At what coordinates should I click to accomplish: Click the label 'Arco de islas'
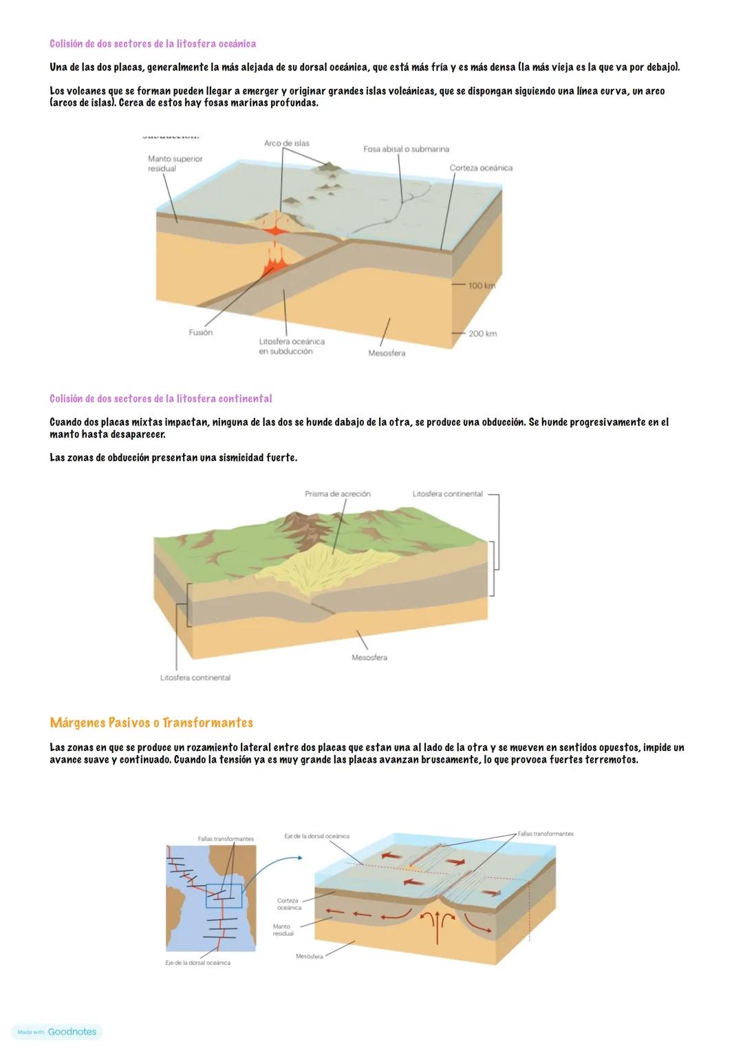tap(286, 143)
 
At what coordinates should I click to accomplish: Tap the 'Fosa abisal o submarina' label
tap(406, 149)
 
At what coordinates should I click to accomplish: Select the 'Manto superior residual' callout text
tap(175, 163)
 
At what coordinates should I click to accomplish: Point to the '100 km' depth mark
tap(482, 286)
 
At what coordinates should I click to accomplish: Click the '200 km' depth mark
tap(482, 334)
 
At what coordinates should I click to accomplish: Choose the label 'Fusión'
tap(200, 332)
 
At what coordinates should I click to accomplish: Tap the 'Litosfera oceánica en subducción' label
tap(291, 346)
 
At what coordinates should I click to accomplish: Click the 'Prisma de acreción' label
tap(337, 494)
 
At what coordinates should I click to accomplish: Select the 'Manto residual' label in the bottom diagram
tap(283, 930)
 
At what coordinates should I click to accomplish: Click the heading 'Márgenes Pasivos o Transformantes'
tap(151, 723)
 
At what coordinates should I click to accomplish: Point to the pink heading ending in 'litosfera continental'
tap(160, 399)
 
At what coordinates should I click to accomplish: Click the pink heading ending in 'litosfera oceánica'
tap(153, 44)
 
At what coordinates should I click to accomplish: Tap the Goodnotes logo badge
tap(57, 1032)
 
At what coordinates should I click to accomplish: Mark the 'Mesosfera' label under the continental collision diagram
tap(369, 658)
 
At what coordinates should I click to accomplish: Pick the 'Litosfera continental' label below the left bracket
tap(195, 678)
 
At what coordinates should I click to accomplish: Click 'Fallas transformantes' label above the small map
tap(226, 839)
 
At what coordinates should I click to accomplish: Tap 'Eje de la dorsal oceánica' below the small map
tap(197, 963)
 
